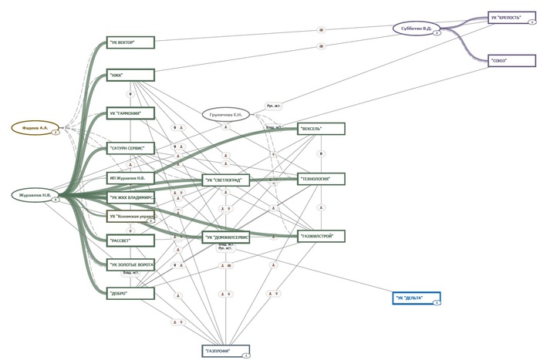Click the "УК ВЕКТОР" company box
pos(131,43)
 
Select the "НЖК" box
pos(131,75)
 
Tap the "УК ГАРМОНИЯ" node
pos(131,113)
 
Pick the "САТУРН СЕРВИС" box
pos(131,146)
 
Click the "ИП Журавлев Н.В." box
pos(131,178)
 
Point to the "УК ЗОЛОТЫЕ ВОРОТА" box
pos(131,265)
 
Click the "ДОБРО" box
pos(131,293)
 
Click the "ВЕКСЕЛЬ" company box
pos(320,129)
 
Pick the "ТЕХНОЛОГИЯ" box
pos(320,179)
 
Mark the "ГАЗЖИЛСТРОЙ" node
pos(320,235)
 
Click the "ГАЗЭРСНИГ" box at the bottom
pos(224,351)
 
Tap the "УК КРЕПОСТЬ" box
pos(511,18)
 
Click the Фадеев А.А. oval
pos(35,127)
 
